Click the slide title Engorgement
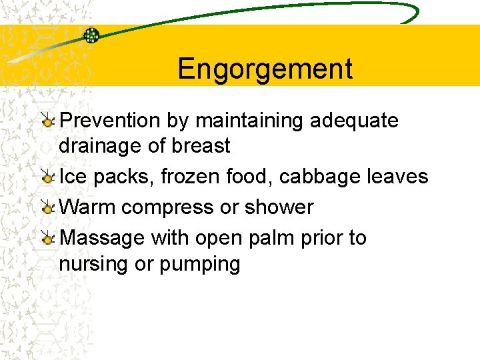(265, 69)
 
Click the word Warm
(88, 207)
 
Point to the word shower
(279, 207)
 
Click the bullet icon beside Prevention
(47, 121)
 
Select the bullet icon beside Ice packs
(47, 177)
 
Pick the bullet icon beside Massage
(47, 238)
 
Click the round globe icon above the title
(91, 35)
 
